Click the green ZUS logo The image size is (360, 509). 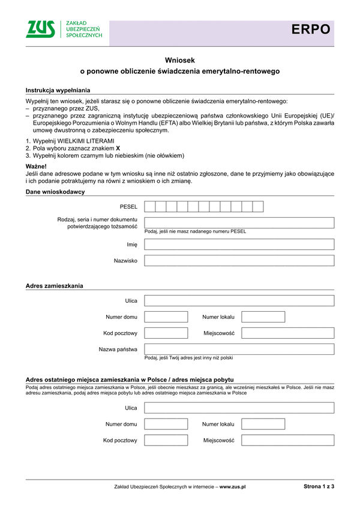click(40, 29)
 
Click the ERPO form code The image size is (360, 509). click(311, 29)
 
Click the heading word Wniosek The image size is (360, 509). click(180, 60)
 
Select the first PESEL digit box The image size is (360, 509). click(150, 207)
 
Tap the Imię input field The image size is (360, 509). click(239, 245)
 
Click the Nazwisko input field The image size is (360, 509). click(239, 261)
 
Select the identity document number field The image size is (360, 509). click(239, 222)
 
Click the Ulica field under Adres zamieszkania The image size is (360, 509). click(239, 300)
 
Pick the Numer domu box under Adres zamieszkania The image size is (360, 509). click(166, 317)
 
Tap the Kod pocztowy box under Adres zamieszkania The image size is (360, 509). click(166, 333)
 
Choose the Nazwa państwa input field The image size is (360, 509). click(239, 349)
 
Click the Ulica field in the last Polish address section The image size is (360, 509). click(239, 408)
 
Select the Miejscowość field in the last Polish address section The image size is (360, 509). click(287, 440)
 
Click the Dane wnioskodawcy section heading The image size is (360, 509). click(55, 192)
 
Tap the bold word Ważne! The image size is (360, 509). click(36, 165)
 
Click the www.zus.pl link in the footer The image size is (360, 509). click(233, 487)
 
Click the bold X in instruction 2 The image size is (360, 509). click(118, 147)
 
